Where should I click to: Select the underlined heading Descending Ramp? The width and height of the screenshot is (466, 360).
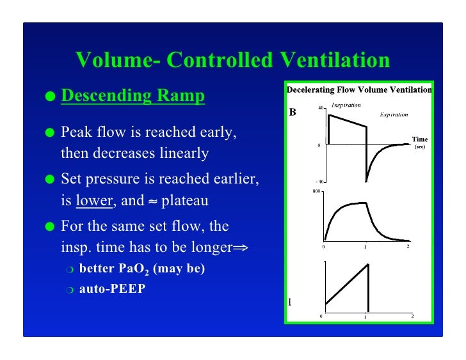click(133, 96)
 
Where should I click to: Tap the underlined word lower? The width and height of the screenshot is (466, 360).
click(94, 200)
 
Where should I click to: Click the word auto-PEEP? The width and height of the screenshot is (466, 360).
click(112, 288)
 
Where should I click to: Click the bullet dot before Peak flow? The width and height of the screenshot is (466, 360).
click(49, 133)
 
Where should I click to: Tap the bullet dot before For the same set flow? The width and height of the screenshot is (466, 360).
click(49, 227)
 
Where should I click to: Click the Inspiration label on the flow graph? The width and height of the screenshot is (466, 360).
click(346, 105)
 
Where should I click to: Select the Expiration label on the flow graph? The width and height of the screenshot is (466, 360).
click(394, 114)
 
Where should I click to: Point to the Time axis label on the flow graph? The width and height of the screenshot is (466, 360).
click(420, 139)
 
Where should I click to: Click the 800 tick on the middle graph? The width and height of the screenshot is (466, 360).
click(316, 191)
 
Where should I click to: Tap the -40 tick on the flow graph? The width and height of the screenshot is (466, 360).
click(319, 181)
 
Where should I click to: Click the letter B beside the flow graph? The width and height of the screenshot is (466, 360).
click(293, 113)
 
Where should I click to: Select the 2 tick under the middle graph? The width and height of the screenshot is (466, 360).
click(408, 246)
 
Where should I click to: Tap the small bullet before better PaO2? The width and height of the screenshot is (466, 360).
click(70, 269)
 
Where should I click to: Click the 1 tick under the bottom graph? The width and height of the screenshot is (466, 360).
click(366, 317)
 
